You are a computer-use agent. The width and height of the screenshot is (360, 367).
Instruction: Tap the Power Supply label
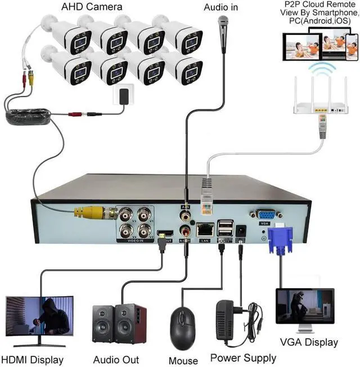pos(243,357)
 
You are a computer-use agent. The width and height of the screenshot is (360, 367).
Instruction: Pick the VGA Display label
pos(309,342)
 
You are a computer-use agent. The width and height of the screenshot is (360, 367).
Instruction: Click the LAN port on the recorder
pos(204,229)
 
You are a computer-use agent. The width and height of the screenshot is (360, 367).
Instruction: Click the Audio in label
pos(220,7)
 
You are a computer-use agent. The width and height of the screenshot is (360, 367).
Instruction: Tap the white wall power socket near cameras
pos(122,96)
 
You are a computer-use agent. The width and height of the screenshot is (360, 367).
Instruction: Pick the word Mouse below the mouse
pos(183,360)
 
